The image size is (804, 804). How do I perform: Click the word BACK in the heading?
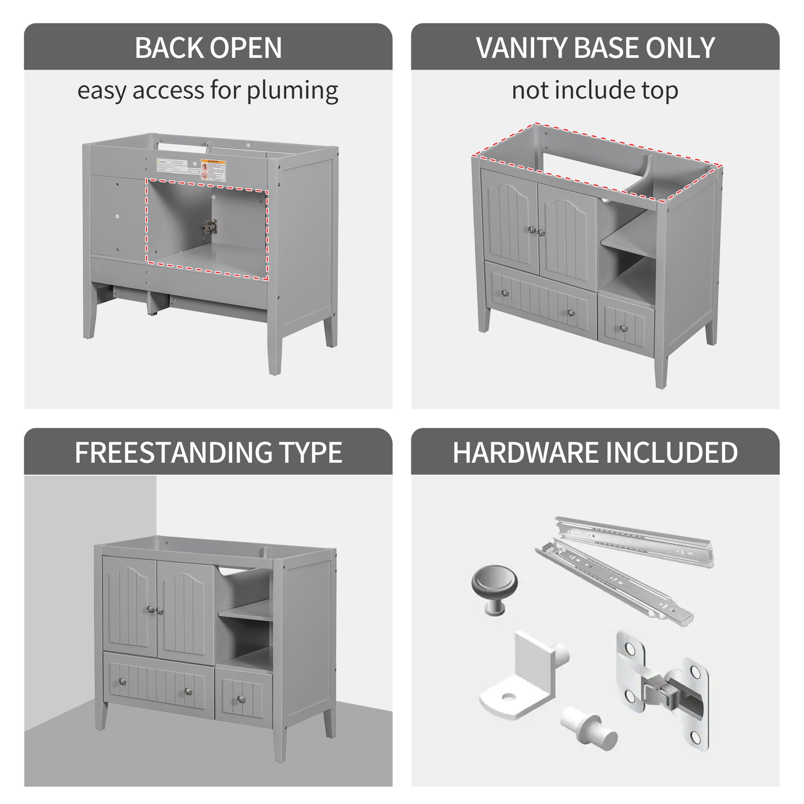tap(169, 48)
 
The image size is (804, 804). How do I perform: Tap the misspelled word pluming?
tap(292, 91)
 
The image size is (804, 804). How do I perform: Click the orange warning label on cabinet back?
tap(213, 170)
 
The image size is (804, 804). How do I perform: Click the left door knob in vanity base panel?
tap(531, 229)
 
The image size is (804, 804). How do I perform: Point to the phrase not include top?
tap(595, 90)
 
